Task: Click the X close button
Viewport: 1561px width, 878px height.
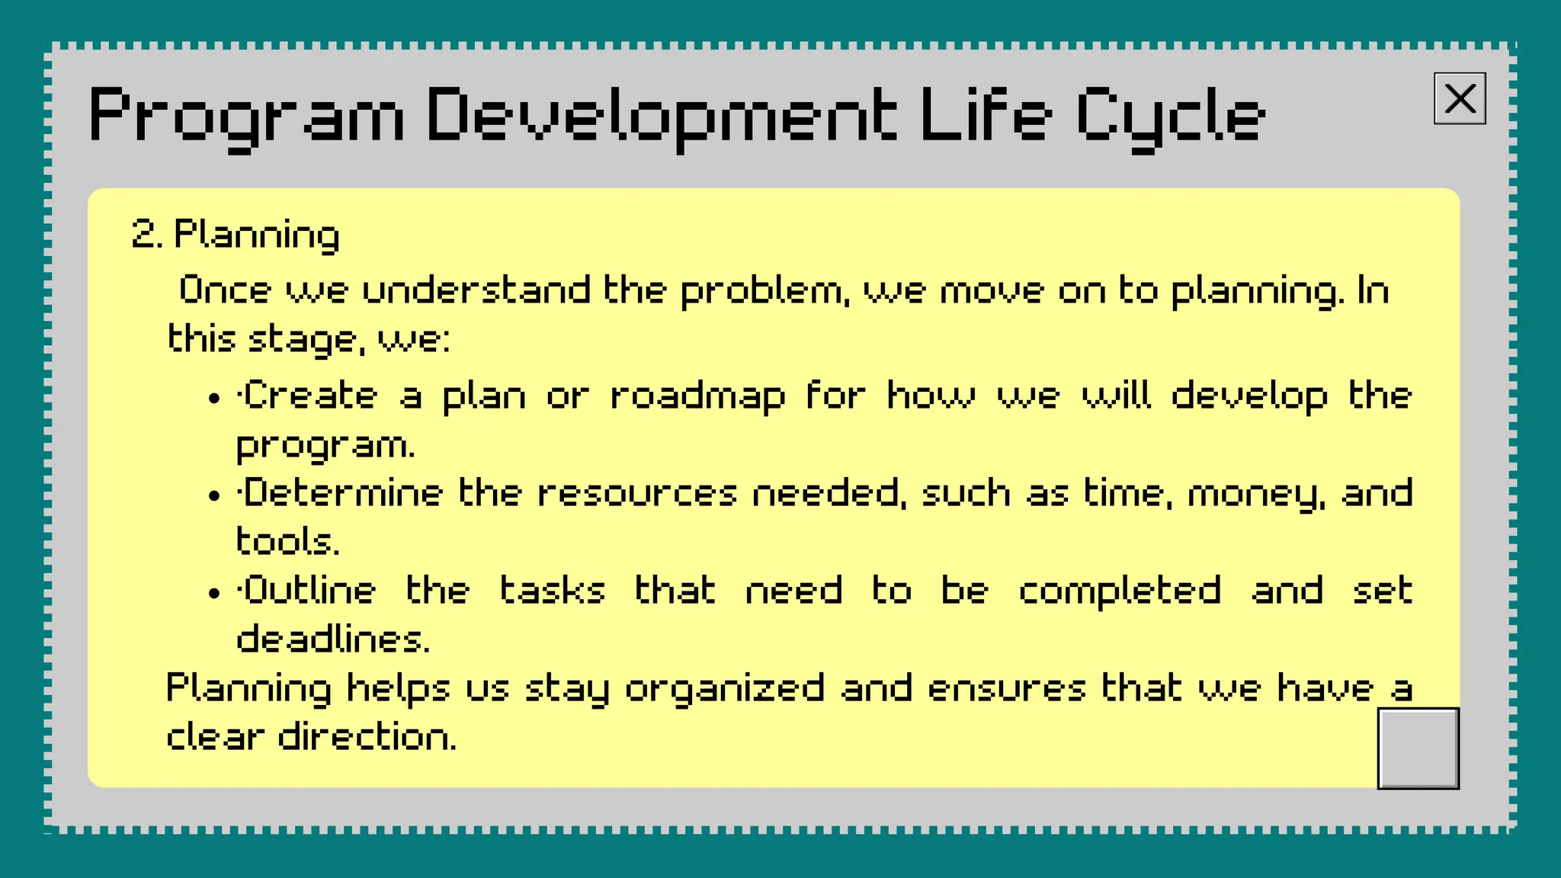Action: tap(1459, 98)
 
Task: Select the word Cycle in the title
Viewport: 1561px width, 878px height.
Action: tap(1170, 116)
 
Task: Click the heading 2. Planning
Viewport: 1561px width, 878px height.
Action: tap(236, 234)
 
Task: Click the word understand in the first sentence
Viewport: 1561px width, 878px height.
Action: tap(476, 290)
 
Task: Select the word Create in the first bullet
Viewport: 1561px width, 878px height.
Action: tap(309, 396)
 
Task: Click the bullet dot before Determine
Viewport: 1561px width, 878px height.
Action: tap(214, 496)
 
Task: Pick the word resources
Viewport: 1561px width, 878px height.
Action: tap(637, 493)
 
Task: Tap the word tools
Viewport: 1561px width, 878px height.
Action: tap(287, 542)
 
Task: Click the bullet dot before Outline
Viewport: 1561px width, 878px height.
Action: tap(214, 594)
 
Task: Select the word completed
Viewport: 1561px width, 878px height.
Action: tap(1120, 591)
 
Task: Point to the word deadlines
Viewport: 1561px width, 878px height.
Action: tap(332, 639)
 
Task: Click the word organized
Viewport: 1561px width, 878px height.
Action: tap(725, 689)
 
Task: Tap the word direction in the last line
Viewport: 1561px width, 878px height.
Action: tap(367, 737)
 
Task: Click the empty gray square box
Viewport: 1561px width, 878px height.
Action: tap(1418, 748)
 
